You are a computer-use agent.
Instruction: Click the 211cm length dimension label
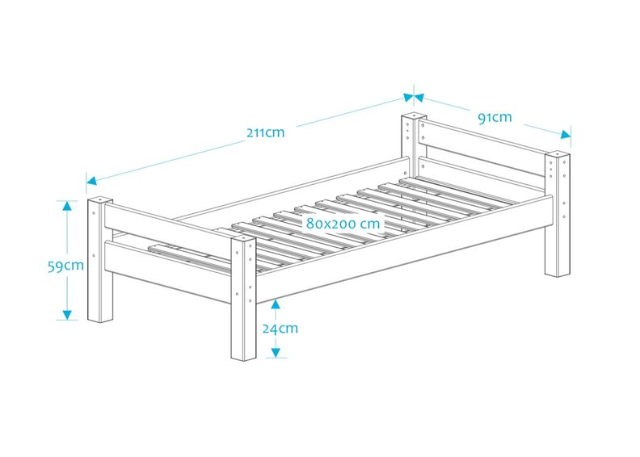click(265, 132)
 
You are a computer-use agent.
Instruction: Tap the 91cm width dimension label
click(495, 117)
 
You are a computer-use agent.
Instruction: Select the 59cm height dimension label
click(65, 266)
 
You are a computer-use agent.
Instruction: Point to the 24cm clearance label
click(280, 328)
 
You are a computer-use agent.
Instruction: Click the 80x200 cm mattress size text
click(343, 223)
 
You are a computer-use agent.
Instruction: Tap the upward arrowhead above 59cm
click(67, 205)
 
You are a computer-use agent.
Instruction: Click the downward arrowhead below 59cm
click(67, 315)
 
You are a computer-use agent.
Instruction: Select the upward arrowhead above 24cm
click(276, 304)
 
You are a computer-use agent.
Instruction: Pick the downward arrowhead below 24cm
click(276, 353)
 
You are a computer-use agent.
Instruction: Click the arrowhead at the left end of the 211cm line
click(91, 180)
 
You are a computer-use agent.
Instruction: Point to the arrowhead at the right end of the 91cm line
click(566, 135)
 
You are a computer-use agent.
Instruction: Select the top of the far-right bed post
click(558, 154)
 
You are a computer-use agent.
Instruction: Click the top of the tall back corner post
click(415, 116)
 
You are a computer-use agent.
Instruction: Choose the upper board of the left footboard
click(168, 223)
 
